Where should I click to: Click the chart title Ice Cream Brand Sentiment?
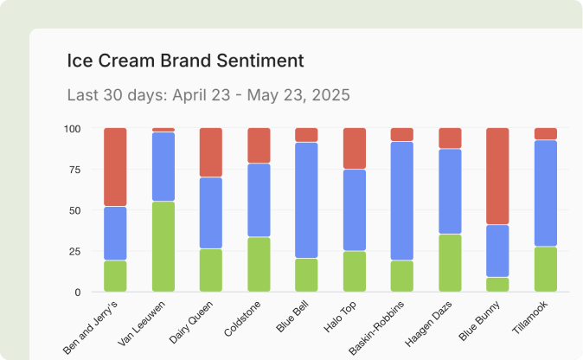coord(186,61)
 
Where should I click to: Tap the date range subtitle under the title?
coord(208,94)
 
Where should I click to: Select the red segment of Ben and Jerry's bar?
coord(115,167)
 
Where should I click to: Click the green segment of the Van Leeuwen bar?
coord(163,247)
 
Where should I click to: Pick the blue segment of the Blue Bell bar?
coord(307,200)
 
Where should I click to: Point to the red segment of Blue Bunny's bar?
coord(497,177)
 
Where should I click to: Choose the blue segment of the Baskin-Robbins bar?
coord(402,201)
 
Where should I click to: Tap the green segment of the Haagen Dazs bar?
coord(450,263)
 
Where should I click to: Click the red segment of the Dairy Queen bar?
coord(211,152)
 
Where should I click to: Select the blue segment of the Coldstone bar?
coord(259,200)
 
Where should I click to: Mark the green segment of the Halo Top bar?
coord(355,271)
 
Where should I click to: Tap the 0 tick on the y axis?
coord(78,292)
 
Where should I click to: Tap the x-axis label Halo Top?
coord(339,321)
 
